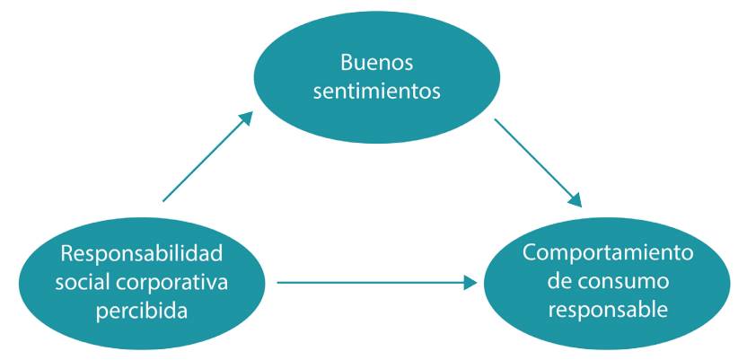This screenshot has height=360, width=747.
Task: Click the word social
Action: pos(79,282)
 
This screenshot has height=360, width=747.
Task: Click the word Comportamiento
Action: pos(609,252)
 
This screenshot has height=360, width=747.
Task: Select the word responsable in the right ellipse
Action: pos(608,310)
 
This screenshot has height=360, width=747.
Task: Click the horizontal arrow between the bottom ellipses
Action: pos(377,283)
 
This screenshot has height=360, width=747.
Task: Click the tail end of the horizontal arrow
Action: pos(280,283)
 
